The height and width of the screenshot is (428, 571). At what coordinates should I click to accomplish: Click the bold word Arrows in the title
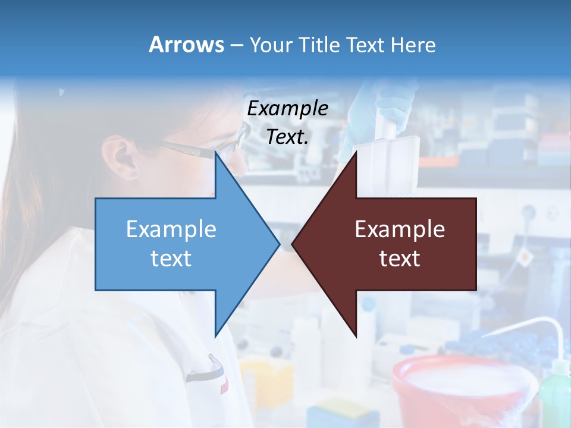point(186,45)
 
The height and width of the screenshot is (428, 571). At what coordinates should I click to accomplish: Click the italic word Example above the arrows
point(287,109)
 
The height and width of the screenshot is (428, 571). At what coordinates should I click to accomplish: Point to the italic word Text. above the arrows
point(287,137)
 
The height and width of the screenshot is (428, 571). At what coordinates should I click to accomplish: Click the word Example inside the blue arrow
point(171,229)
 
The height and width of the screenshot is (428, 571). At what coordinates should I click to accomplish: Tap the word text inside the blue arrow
point(171,258)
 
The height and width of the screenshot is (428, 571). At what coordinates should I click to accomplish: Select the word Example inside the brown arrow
point(400,229)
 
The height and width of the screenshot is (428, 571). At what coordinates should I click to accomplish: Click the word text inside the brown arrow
point(400,258)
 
